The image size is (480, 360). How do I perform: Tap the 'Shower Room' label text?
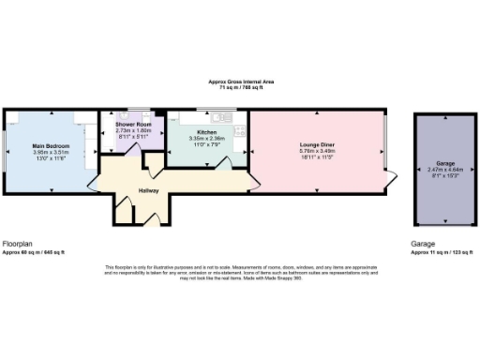pyautogui.click(x=132, y=124)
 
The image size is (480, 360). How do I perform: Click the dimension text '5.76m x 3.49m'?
pyautogui.click(x=316, y=152)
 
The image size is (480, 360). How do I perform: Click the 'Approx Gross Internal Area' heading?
pyautogui.click(x=240, y=82)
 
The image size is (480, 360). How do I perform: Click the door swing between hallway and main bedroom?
pyautogui.click(x=97, y=178)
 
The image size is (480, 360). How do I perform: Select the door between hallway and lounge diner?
pyautogui.click(x=253, y=183)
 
